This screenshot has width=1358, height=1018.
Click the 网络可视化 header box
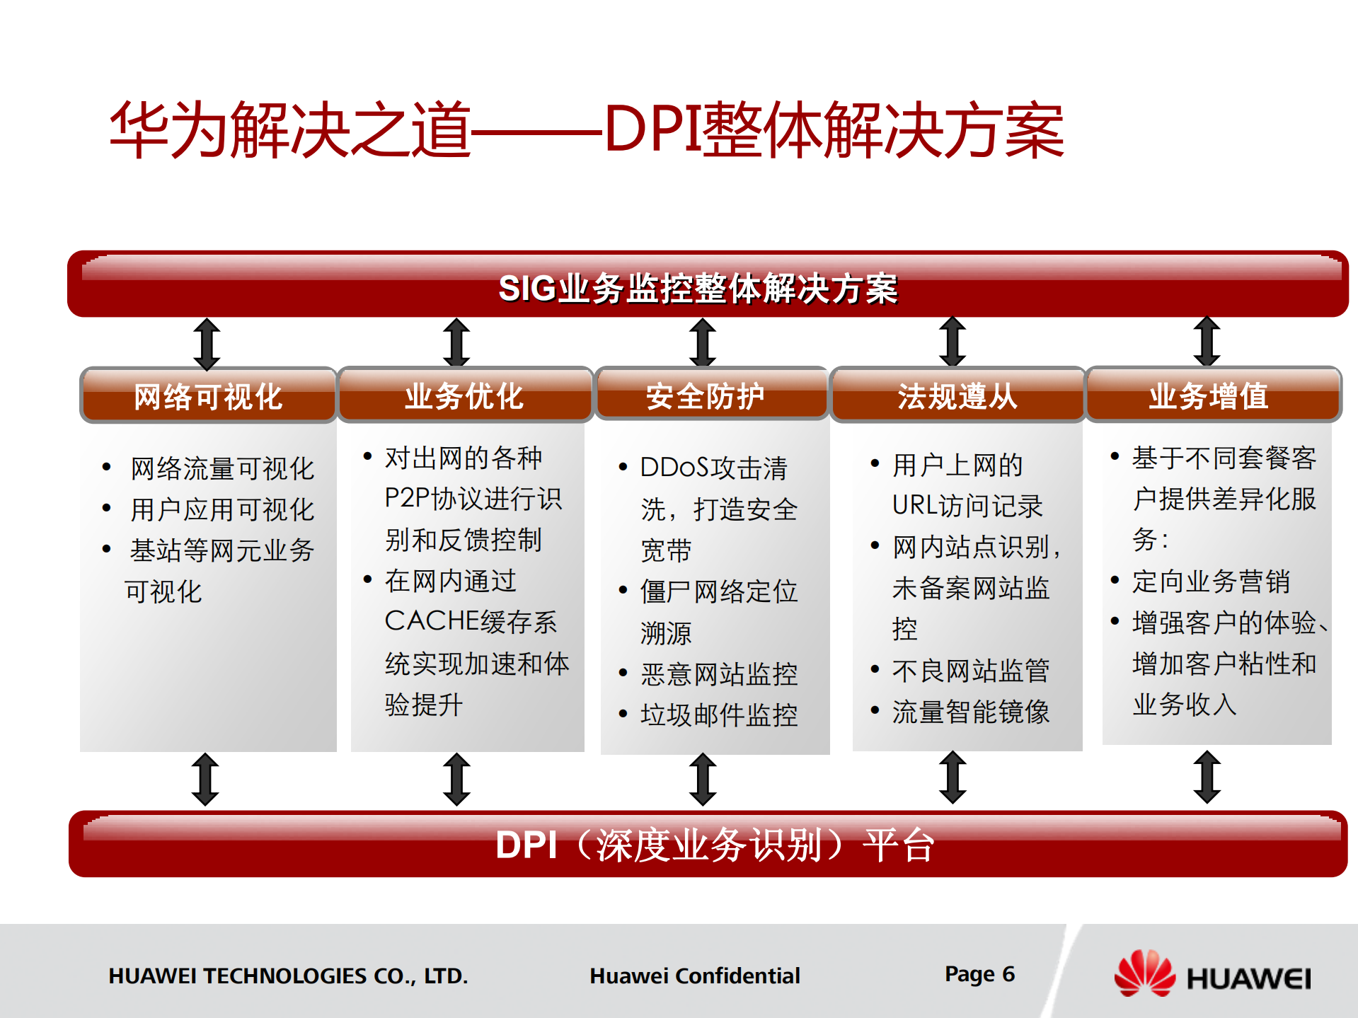coord(208,395)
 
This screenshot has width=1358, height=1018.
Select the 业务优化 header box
coord(464,395)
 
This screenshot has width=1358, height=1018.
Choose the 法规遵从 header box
coord(957,395)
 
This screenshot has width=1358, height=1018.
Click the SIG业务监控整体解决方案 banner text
coord(698,289)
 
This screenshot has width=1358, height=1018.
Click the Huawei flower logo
coord(1144,974)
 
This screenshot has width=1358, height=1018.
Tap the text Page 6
coord(979,974)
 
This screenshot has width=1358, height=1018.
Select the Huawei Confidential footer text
coord(694,976)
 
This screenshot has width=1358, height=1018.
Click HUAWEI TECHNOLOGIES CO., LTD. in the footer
coord(288,976)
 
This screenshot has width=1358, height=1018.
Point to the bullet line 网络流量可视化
coord(221,468)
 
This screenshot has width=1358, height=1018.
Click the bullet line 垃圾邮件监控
coord(718,715)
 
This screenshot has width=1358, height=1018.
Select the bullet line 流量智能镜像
coord(970,712)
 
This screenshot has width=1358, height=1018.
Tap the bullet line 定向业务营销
coord(1210,582)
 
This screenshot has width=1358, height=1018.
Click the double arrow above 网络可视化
coord(207,344)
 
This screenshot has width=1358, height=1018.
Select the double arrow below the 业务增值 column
coord(1207,777)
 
